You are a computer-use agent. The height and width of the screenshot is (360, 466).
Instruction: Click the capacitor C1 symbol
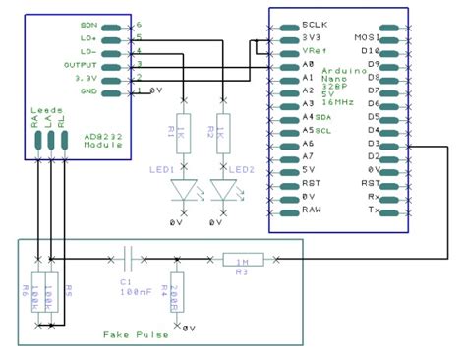click(128, 260)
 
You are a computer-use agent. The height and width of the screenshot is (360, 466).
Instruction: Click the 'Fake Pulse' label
click(135, 334)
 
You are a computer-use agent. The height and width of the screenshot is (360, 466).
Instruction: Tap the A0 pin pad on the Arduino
click(288, 63)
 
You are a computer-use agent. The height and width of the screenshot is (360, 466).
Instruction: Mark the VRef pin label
click(316, 49)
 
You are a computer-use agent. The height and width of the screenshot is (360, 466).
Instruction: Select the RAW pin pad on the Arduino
click(288, 210)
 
